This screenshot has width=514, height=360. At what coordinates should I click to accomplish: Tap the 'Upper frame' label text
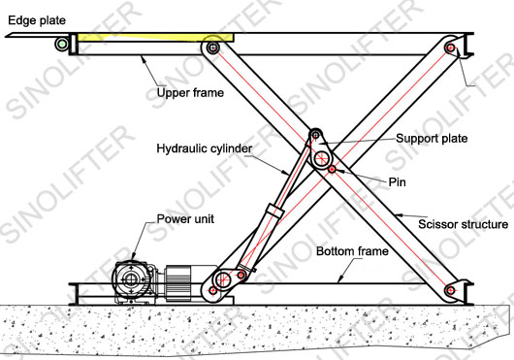coord(190,94)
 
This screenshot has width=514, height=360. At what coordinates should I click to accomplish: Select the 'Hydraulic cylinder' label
coord(205,148)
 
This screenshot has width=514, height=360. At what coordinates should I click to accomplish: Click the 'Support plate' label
coord(431,139)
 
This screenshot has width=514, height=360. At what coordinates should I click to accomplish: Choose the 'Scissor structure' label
coord(463,225)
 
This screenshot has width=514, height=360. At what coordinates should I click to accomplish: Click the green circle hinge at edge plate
coord(62,43)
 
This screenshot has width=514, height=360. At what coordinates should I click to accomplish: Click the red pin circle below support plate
coord(332,170)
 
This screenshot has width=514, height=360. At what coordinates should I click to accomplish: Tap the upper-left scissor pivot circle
coord(212,47)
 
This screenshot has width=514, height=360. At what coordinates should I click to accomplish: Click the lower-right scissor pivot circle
coord(448,288)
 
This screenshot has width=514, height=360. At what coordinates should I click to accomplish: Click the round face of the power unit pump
coord(129,280)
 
